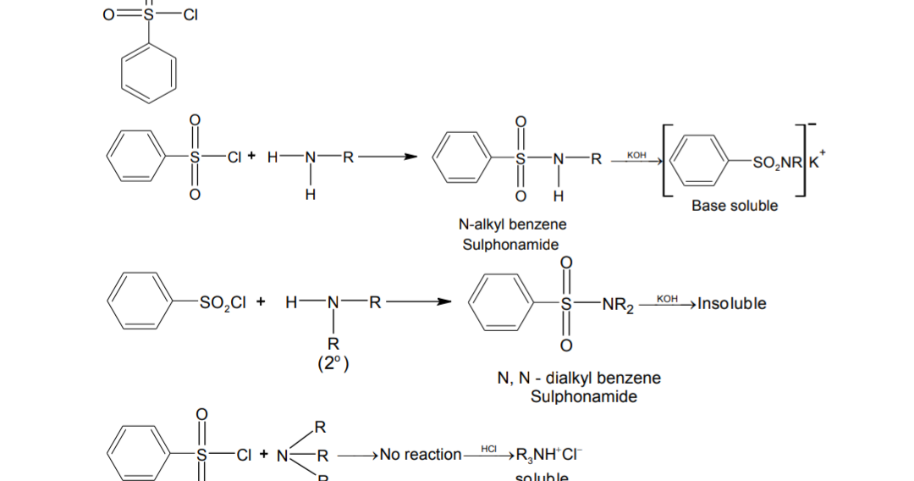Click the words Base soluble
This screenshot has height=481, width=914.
click(x=734, y=206)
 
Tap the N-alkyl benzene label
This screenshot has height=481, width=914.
click(x=512, y=224)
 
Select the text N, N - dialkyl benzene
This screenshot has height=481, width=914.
click(x=579, y=378)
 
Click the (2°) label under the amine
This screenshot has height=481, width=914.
click(x=333, y=364)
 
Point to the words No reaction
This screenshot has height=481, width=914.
click(x=421, y=455)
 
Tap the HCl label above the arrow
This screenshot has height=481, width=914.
click(x=488, y=447)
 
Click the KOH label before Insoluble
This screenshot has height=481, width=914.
click(x=668, y=300)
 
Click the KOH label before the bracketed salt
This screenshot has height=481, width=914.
click(x=636, y=156)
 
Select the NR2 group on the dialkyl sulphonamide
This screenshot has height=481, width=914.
click(x=618, y=304)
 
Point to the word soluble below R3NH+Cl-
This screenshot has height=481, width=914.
click(x=542, y=477)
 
